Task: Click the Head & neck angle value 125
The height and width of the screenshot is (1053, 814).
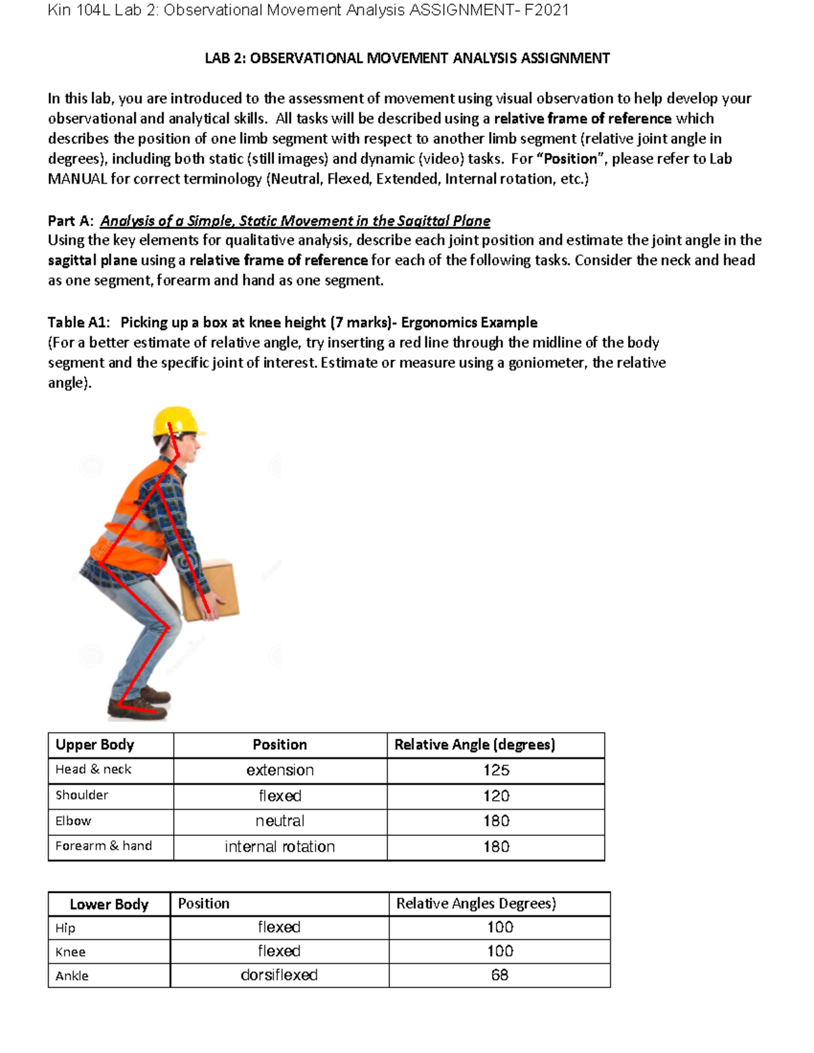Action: point(496,770)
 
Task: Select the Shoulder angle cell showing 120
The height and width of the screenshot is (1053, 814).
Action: point(496,796)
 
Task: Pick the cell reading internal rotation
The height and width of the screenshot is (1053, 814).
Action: point(279,847)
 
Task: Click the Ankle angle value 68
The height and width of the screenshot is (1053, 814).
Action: point(499,975)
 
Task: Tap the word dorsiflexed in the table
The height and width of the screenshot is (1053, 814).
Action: point(279,975)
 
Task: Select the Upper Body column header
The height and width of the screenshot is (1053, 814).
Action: point(95,744)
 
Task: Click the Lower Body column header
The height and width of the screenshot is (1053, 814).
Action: point(109,905)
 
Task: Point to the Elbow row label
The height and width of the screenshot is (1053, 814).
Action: point(73,821)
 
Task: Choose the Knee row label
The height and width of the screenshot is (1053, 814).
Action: point(71,952)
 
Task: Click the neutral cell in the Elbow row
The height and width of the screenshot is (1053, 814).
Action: point(279,821)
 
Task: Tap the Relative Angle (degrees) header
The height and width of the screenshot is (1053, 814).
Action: point(475,744)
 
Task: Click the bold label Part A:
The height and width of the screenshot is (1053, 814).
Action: point(71,221)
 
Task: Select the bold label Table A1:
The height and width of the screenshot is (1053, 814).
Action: point(79,322)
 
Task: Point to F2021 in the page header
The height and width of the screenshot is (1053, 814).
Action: point(546,10)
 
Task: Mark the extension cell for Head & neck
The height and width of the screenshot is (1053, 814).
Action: point(279,770)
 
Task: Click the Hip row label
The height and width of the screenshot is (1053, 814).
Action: point(65,928)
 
